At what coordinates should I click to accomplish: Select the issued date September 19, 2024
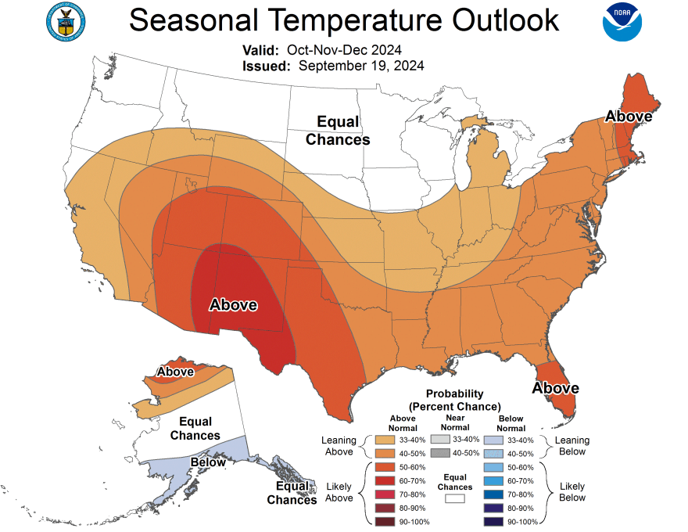click(361, 66)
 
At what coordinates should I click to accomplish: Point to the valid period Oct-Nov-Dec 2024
click(350, 49)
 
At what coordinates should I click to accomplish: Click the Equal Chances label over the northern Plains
click(338, 131)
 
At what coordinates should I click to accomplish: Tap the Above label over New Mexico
click(233, 305)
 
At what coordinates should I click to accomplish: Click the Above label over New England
click(629, 117)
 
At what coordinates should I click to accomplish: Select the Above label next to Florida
click(556, 388)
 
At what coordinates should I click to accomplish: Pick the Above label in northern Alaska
click(176, 371)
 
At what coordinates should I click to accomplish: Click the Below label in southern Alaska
click(208, 462)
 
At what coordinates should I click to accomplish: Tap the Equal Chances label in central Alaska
click(195, 429)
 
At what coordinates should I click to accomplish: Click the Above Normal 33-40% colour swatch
click(385, 440)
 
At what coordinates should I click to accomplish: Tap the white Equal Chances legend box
click(454, 497)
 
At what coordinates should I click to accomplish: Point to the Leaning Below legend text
click(572, 446)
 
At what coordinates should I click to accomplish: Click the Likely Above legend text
click(339, 492)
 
